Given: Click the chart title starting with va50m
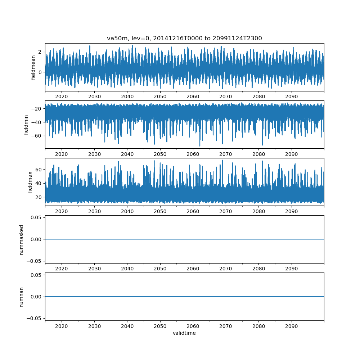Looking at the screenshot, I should tap(184, 38).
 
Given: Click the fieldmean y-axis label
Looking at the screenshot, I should tap(33, 67).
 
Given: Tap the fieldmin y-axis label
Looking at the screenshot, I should tap(26, 124).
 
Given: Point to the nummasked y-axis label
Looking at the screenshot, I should tap(22, 239).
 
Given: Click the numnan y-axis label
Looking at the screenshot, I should tap(22, 297).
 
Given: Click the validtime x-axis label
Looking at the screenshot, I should tap(184, 333).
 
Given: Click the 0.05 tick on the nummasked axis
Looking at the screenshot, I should tap(36, 218).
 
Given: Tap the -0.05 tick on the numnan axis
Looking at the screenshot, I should tap(35, 318).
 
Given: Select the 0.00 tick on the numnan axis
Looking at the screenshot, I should tap(36, 297).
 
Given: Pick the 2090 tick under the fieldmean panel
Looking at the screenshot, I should tap(292, 96).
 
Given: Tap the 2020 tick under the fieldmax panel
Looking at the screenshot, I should tap(62, 211).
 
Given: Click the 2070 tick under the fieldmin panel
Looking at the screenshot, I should tap(226, 154).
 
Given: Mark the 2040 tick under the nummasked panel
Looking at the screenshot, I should tap(127, 269).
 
